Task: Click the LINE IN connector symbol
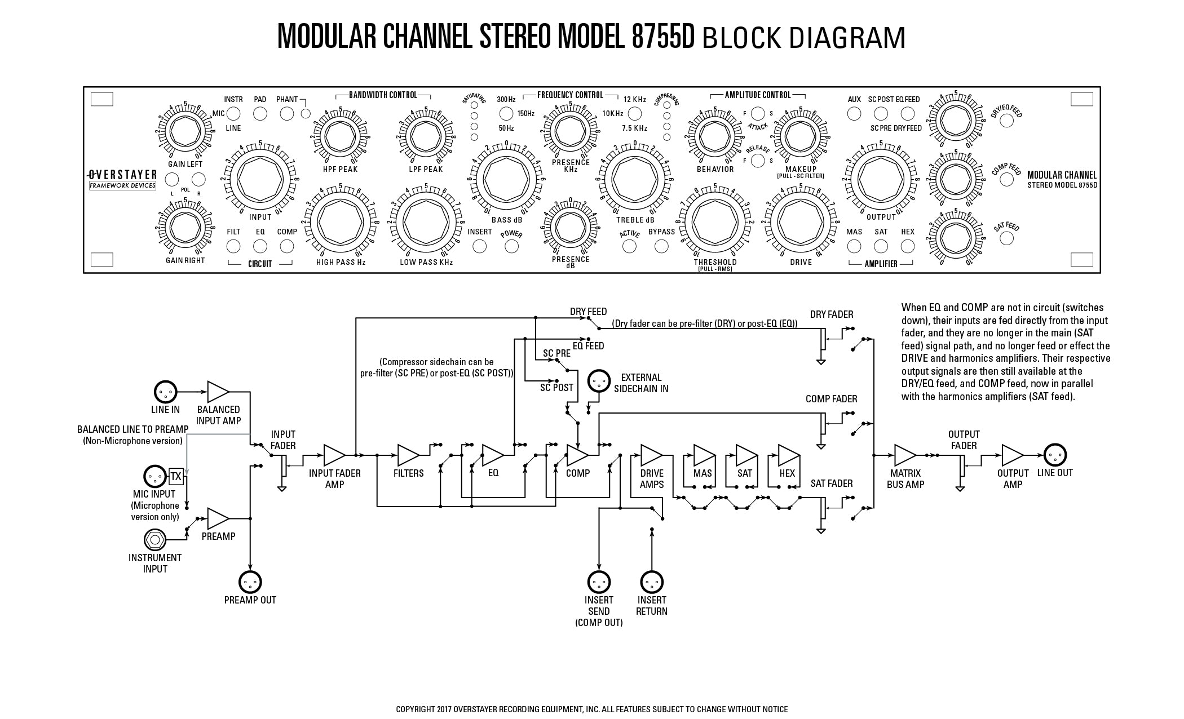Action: coord(165,392)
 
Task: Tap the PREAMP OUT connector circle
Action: coord(250,582)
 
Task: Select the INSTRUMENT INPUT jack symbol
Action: coord(154,540)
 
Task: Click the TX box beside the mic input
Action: coord(176,477)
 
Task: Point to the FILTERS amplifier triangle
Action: coord(408,455)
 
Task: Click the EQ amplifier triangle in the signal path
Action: coord(493,455)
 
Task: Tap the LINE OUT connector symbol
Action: coord(1055,455)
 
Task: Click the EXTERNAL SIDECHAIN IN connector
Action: coord(599,381)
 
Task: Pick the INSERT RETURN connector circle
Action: coord(652,582)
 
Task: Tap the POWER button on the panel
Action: coord(511,246)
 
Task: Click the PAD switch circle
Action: coord(260,113)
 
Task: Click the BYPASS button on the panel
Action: coord(661,246)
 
